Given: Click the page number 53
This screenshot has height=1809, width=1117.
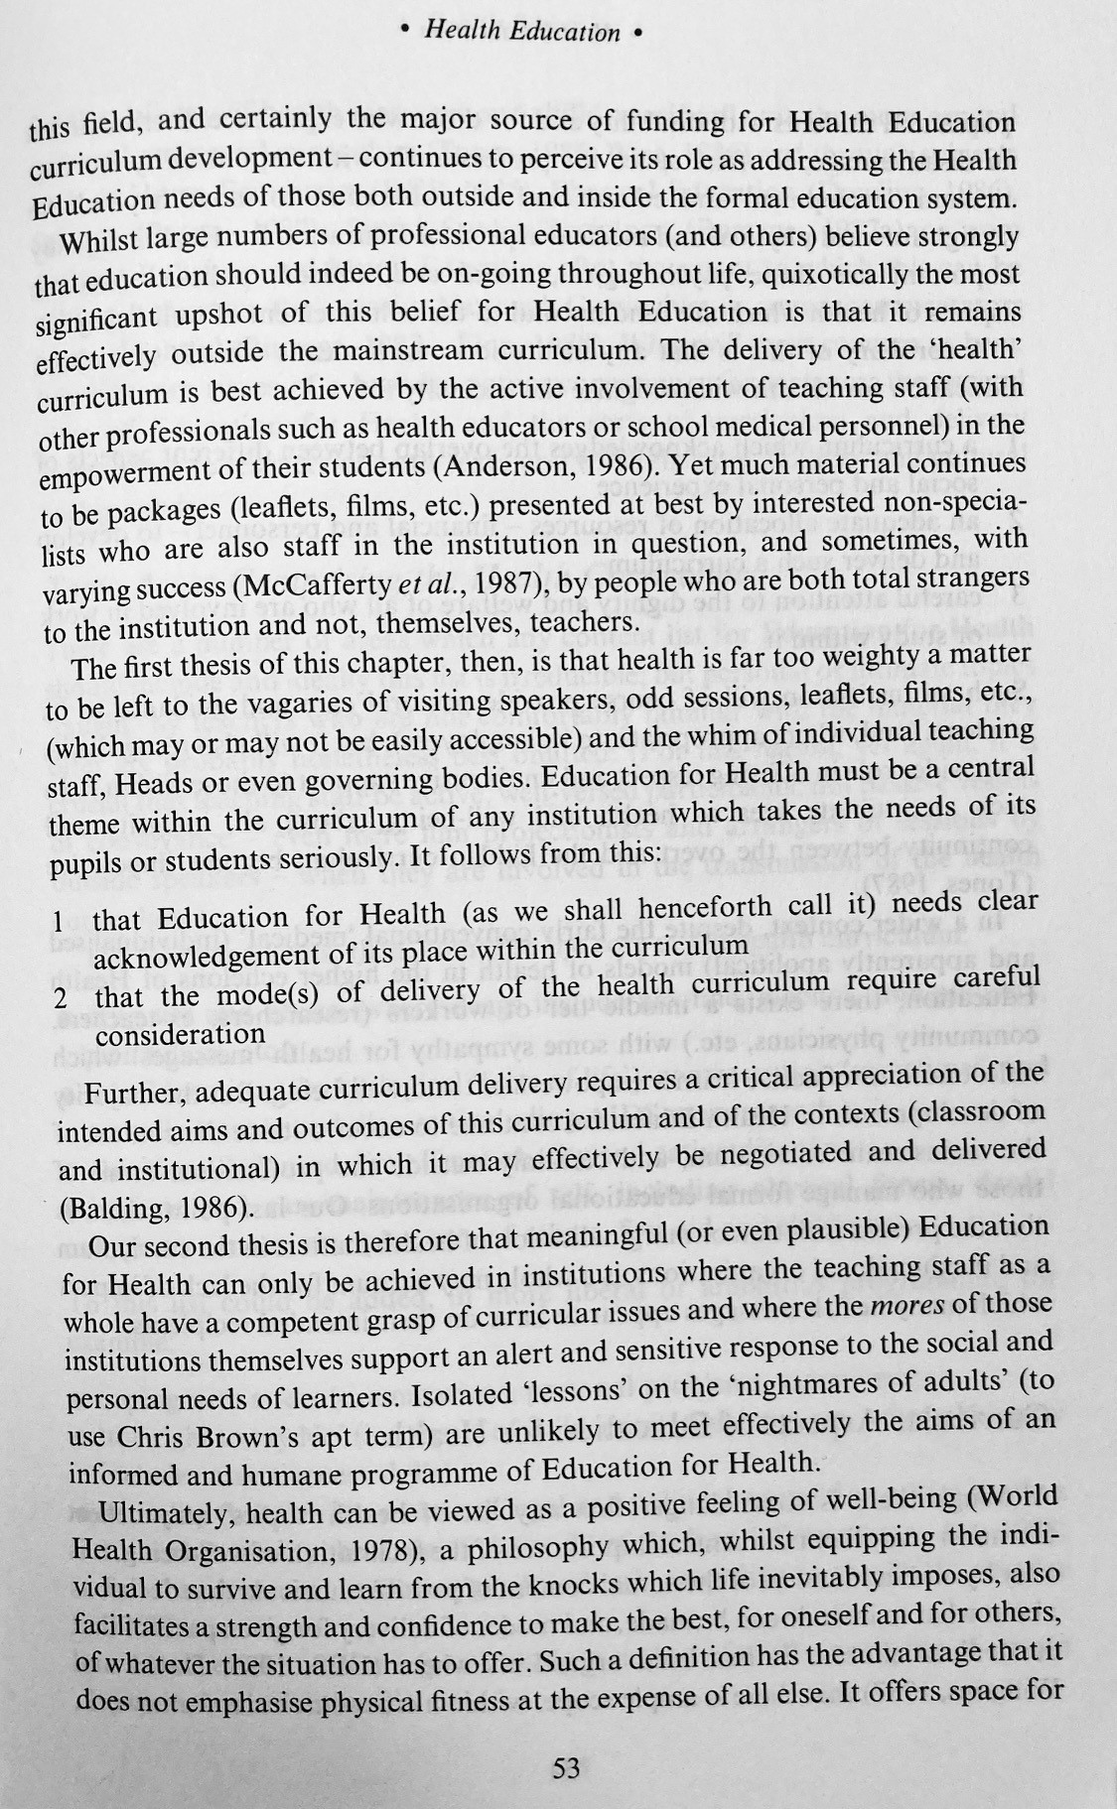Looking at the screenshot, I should (566, 1768).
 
